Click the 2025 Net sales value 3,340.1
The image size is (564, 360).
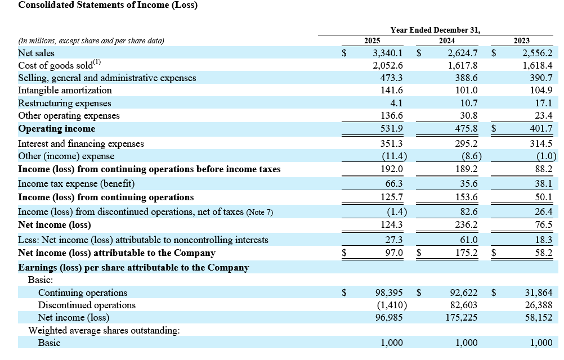point(387,53)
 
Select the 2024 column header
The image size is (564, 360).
point(447,40)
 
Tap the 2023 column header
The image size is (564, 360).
point(522,40)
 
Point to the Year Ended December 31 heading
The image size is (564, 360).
point(435,30)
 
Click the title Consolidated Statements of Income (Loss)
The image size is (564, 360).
point(108,5)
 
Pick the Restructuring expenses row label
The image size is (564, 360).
point(64,103)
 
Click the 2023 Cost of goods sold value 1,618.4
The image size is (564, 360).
point(538,65)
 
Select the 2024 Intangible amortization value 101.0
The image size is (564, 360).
point(467,90)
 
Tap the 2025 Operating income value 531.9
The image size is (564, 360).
point(392,128)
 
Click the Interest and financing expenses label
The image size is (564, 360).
point(81,143)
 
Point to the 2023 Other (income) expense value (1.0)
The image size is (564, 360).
point(546,156)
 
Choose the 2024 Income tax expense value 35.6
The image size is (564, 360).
point(469,183)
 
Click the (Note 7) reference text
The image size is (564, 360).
point(259,212)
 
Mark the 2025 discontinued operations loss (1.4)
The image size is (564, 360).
point(397,212)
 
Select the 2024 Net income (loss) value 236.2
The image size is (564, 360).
point(467,224)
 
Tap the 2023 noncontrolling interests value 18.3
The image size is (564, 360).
point(544,240)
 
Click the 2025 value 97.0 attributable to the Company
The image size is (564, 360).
point(394,253)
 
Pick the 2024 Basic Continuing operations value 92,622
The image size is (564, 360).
point(464,293)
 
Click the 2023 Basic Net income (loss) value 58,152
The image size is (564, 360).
point(539,318)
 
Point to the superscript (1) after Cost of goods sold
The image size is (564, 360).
point(97,62)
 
